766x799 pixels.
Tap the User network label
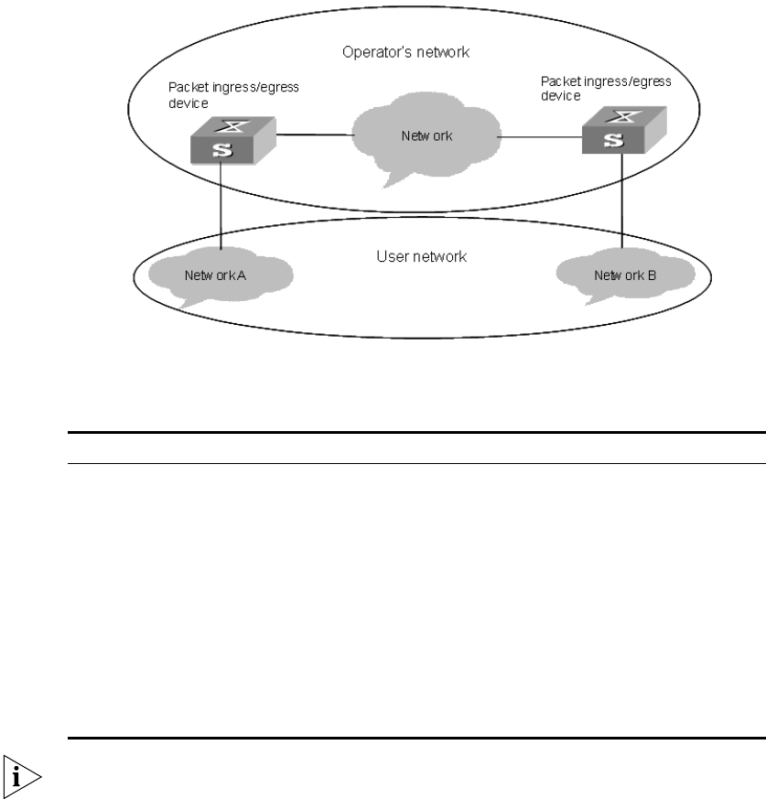pos(422,257)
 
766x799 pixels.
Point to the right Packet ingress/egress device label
pos(606,88)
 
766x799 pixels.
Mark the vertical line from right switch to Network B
pos(624,201)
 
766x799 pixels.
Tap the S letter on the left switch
pos(220,150)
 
